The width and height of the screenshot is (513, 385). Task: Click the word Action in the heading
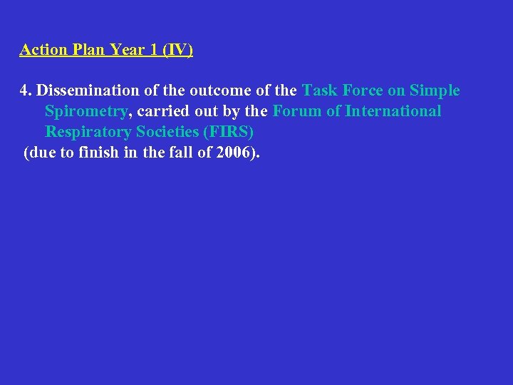click(x=43, y=50)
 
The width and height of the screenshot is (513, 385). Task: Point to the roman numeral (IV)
click(x=177, y=50)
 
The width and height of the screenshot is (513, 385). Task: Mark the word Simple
click(x=435, y=91)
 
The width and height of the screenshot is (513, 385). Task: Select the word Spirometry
click(x=85, y=111)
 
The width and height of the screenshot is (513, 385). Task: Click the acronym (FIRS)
click(x=228, y=132)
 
